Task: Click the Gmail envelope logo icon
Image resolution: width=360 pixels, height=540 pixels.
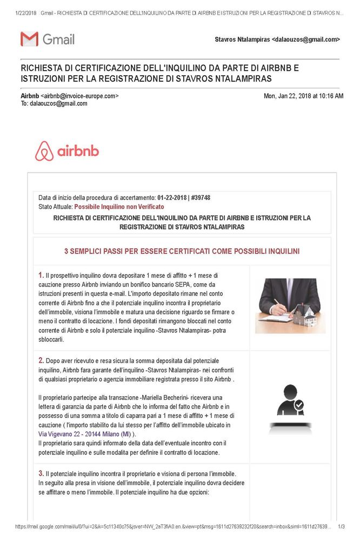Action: tap(29, 39)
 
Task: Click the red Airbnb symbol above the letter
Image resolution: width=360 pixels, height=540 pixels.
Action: tap(44, 151)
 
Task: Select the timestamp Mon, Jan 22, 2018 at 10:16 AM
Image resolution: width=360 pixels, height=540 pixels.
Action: tap(303, 96)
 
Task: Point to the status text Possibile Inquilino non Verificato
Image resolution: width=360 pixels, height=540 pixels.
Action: tap(119, 206)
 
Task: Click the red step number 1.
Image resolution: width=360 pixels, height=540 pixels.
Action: tap(41, 275)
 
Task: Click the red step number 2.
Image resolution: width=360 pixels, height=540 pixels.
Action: tap(41, 360)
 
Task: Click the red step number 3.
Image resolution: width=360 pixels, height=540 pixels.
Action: tap(41, 473)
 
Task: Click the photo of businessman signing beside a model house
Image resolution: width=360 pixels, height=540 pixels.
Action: tap(287, 305)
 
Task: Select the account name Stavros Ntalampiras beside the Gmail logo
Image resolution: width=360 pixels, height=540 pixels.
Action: tap(242, 39)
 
